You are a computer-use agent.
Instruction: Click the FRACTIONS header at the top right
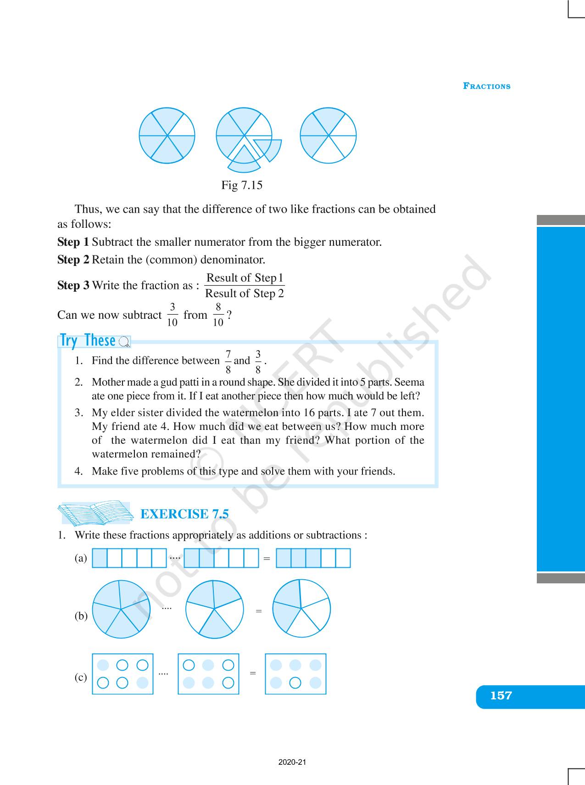point(486,86)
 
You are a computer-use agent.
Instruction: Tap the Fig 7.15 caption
point(242,185)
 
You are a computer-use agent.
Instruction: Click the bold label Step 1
point(73,242)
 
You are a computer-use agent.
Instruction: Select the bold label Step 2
point(73,260)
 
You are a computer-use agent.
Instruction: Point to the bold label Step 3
point(73,285)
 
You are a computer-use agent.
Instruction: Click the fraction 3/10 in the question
point(172,315)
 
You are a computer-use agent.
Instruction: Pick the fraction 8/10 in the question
point(218,315)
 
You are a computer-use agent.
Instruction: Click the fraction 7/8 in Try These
point(228,362)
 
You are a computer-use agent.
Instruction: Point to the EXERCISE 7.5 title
point(184,514)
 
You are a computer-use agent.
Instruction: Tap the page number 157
point(501,696)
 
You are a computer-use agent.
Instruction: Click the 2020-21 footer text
point(292,762)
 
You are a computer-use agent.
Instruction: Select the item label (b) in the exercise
point(81,616)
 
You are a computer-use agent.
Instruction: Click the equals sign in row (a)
point(267,559)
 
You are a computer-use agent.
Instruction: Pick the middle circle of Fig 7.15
point(244,136)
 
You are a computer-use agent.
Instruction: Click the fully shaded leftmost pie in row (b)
point(121,609)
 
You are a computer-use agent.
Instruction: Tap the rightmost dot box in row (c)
point(295,674)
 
